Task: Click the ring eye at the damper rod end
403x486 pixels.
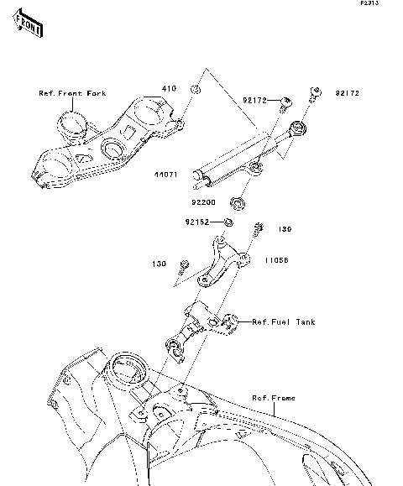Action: click(295, 128)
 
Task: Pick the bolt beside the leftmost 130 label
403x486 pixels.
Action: click(182, 269)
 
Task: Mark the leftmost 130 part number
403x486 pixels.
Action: click(159, 263)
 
